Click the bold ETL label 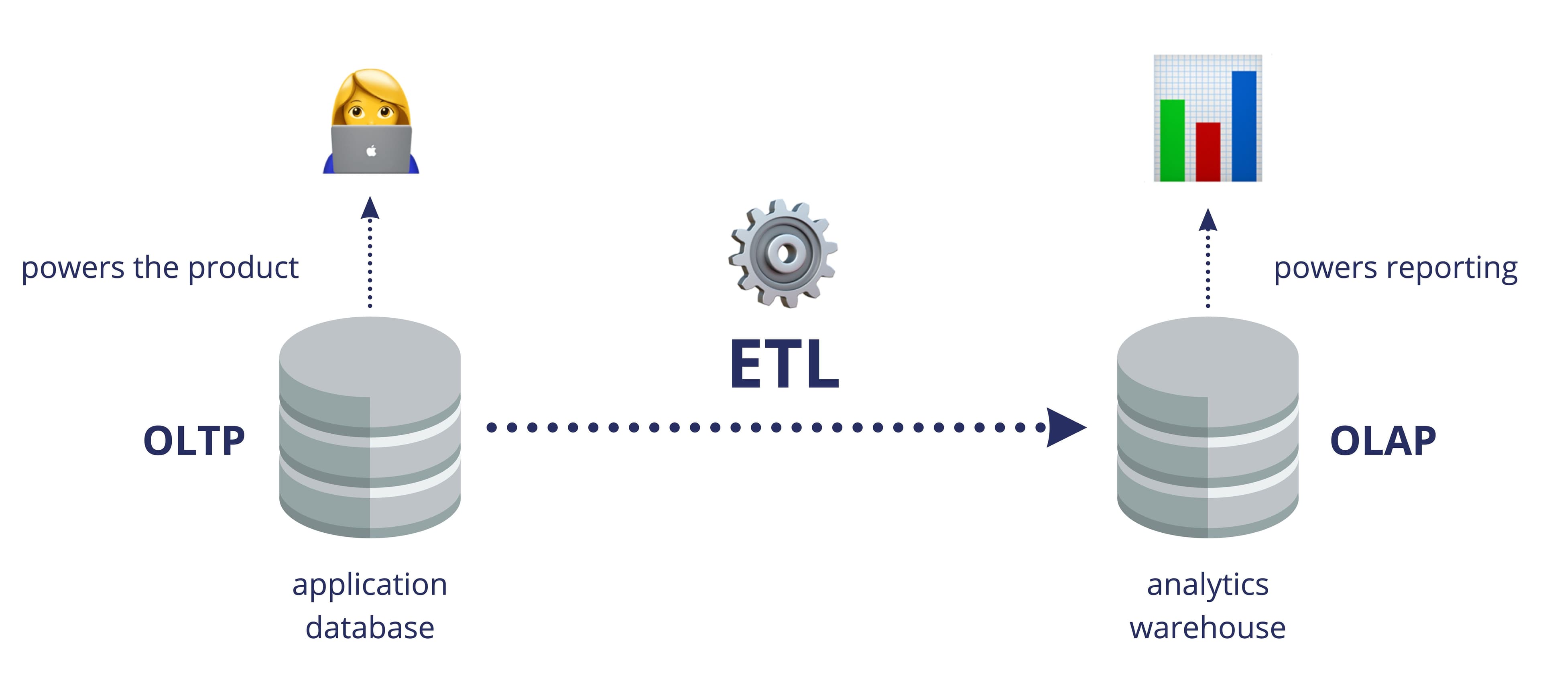click(x=784, y=365)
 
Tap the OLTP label click(x=194, y=441)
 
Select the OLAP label click(x=1382, y=441)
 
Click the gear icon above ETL click(x=783, y=254)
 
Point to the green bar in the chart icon click(x=1172, y=140)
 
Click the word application click(x=370, y=585)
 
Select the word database click(x=370, y=628)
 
